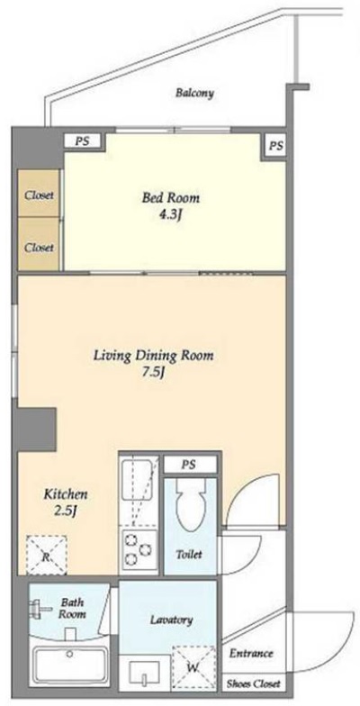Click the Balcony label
point(194,94)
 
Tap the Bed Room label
point(171,198)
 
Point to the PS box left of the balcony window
point(83,140)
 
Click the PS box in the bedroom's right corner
point(275,146)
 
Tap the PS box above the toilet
point(189,465)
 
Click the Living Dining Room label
point(153,357)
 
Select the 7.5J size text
point(153,374)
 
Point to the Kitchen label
point(65,494)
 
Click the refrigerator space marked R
point(47,555)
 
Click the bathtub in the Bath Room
point(70,665)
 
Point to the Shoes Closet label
point(254,684)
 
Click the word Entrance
point(251,654)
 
